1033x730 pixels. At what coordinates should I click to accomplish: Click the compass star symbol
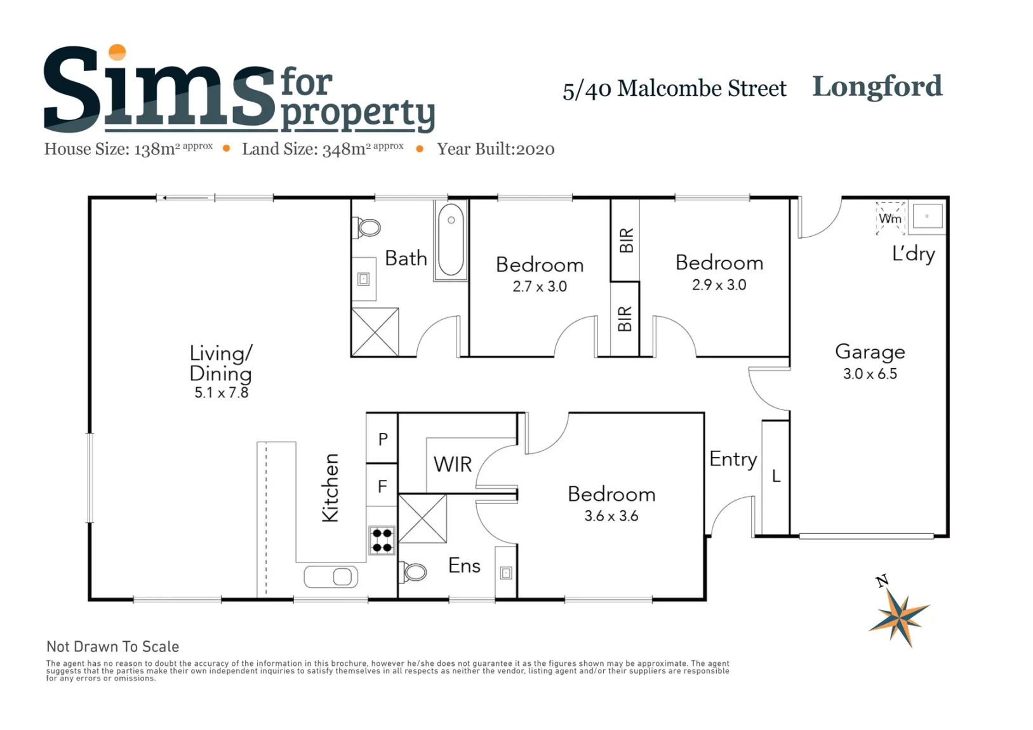[900, 618]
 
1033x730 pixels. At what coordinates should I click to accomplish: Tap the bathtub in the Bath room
[451, 240]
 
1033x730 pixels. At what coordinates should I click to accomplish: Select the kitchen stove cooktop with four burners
[382, 540]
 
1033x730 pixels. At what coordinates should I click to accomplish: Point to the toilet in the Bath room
[368, 227]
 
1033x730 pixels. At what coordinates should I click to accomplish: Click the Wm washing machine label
[890, 218]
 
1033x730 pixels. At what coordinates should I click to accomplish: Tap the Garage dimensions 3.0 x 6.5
[870, 373]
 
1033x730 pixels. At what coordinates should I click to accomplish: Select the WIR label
[453, 465]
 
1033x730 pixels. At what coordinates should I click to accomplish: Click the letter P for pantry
[383, 439]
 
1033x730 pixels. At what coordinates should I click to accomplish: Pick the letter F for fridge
[382, 486]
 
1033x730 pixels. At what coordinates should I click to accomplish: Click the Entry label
[733, 460]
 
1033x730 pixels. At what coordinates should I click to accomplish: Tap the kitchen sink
[331, 577]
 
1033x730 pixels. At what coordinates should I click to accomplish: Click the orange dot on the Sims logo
[117, 52]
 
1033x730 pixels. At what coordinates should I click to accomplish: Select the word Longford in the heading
[877, 87]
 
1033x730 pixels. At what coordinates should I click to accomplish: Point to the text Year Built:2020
[496, 149]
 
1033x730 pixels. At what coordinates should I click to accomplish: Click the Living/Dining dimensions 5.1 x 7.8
[222, 392]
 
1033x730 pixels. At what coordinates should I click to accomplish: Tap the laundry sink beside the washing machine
[927, 216]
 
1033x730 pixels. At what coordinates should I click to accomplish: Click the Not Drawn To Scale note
[112, 647]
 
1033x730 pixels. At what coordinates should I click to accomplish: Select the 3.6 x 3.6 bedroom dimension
[611, 515]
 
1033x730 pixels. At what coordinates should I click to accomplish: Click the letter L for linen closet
[776, 476]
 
